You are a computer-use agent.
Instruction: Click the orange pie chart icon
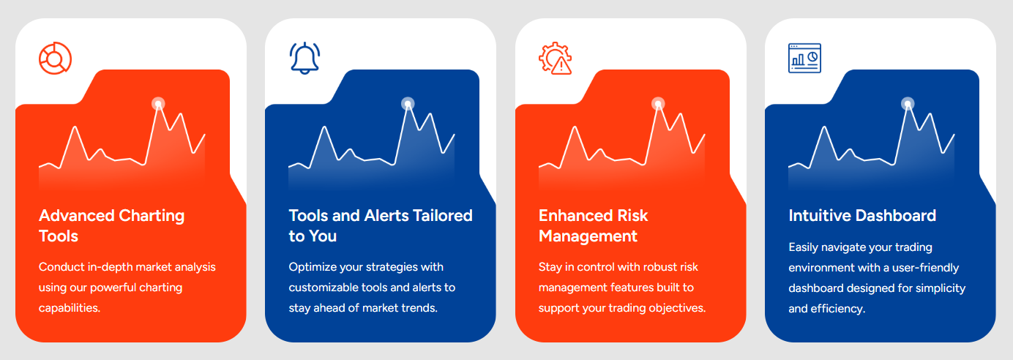[55, 59]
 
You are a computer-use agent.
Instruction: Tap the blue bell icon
[304, 58]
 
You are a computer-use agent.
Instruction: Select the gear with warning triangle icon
[556, 59]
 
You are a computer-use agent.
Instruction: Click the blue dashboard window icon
[804, 58]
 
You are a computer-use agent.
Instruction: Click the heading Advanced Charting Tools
[112, 225]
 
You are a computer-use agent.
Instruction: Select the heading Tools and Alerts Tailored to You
[381, 225]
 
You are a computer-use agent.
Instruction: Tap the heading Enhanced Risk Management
[594, 225]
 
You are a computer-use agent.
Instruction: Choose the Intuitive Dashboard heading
[862, 216]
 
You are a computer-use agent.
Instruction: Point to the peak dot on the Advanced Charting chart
[158, 104]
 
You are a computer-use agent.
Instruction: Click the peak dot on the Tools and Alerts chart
[408, 104]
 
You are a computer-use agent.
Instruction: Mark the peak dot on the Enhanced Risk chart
[658, 104]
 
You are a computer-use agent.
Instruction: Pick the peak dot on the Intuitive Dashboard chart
[908, 104]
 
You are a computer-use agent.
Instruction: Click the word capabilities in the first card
[70, 309]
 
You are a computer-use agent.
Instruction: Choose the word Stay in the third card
[550, 267]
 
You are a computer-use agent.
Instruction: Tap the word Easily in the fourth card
[803, 247]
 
